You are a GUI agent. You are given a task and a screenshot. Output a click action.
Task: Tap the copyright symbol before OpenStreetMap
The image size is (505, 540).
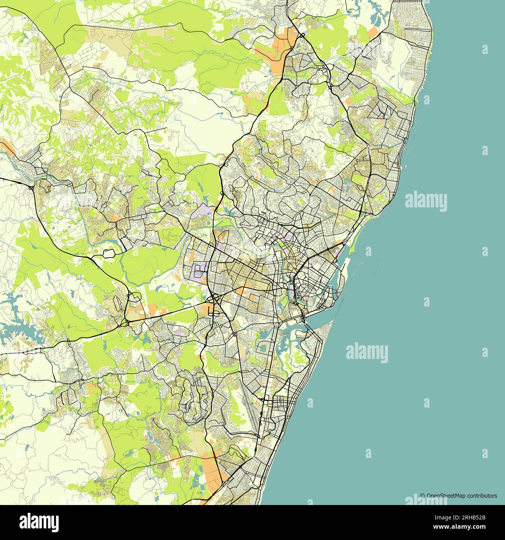pos(422,496)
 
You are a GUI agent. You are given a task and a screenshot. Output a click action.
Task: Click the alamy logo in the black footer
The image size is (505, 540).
pos(40,521)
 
